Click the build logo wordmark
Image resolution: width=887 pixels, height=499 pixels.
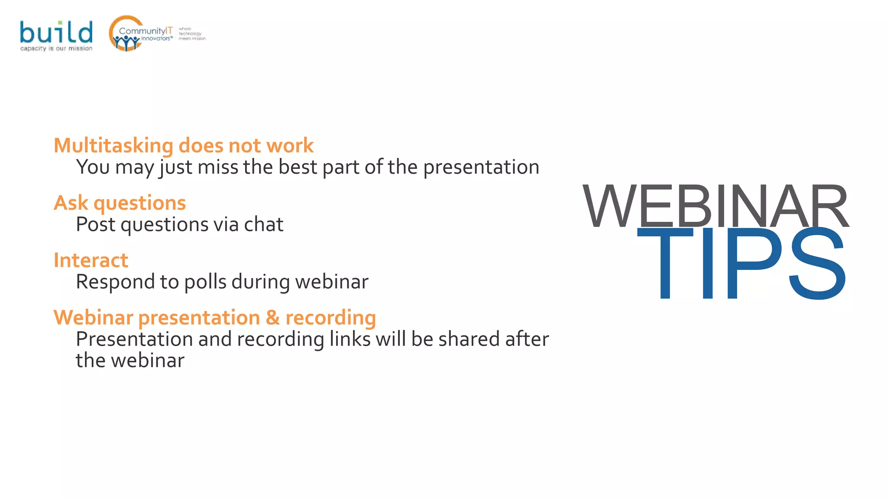[56, 32]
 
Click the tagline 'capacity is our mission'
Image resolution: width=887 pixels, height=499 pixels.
[56, 49]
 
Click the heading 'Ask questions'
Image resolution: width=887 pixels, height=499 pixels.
[120, 203]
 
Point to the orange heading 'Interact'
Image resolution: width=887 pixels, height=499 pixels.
[91, 260]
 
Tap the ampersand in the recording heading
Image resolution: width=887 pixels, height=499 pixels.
[272, 318]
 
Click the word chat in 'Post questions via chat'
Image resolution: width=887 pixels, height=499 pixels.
[263, 224]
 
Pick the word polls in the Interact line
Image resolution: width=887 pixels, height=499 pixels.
[205, 282]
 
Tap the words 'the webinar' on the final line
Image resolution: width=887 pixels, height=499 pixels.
[130, 361]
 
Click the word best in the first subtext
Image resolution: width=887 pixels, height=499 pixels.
[298, 167]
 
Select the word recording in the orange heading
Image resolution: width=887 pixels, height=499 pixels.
[330, 318]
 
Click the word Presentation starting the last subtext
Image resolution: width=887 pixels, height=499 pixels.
[134, 339]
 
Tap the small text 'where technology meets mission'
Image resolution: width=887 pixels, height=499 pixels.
[192, 34]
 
